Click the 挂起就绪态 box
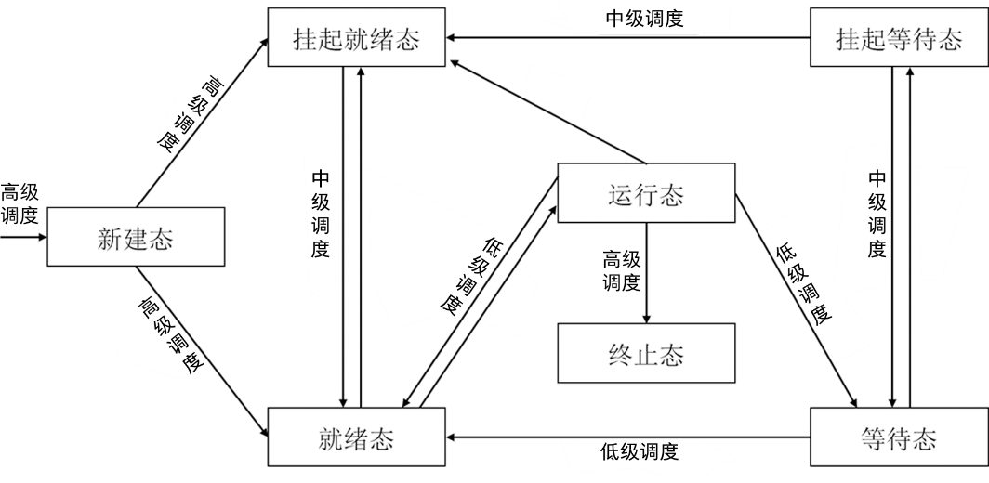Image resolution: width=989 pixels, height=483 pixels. point(357,39)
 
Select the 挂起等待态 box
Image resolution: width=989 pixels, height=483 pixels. point(898,39)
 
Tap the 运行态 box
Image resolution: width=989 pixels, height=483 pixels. point(645,194)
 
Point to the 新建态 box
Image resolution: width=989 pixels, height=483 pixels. point(136,238)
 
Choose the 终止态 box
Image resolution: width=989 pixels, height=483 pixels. point(645,354)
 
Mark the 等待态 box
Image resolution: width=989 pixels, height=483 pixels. point(898,437)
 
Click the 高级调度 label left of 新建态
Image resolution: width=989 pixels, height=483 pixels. point(20,203)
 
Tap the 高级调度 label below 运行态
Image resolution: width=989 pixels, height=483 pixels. point(622,269)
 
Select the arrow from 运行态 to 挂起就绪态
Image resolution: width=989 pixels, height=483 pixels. point(548,111)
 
